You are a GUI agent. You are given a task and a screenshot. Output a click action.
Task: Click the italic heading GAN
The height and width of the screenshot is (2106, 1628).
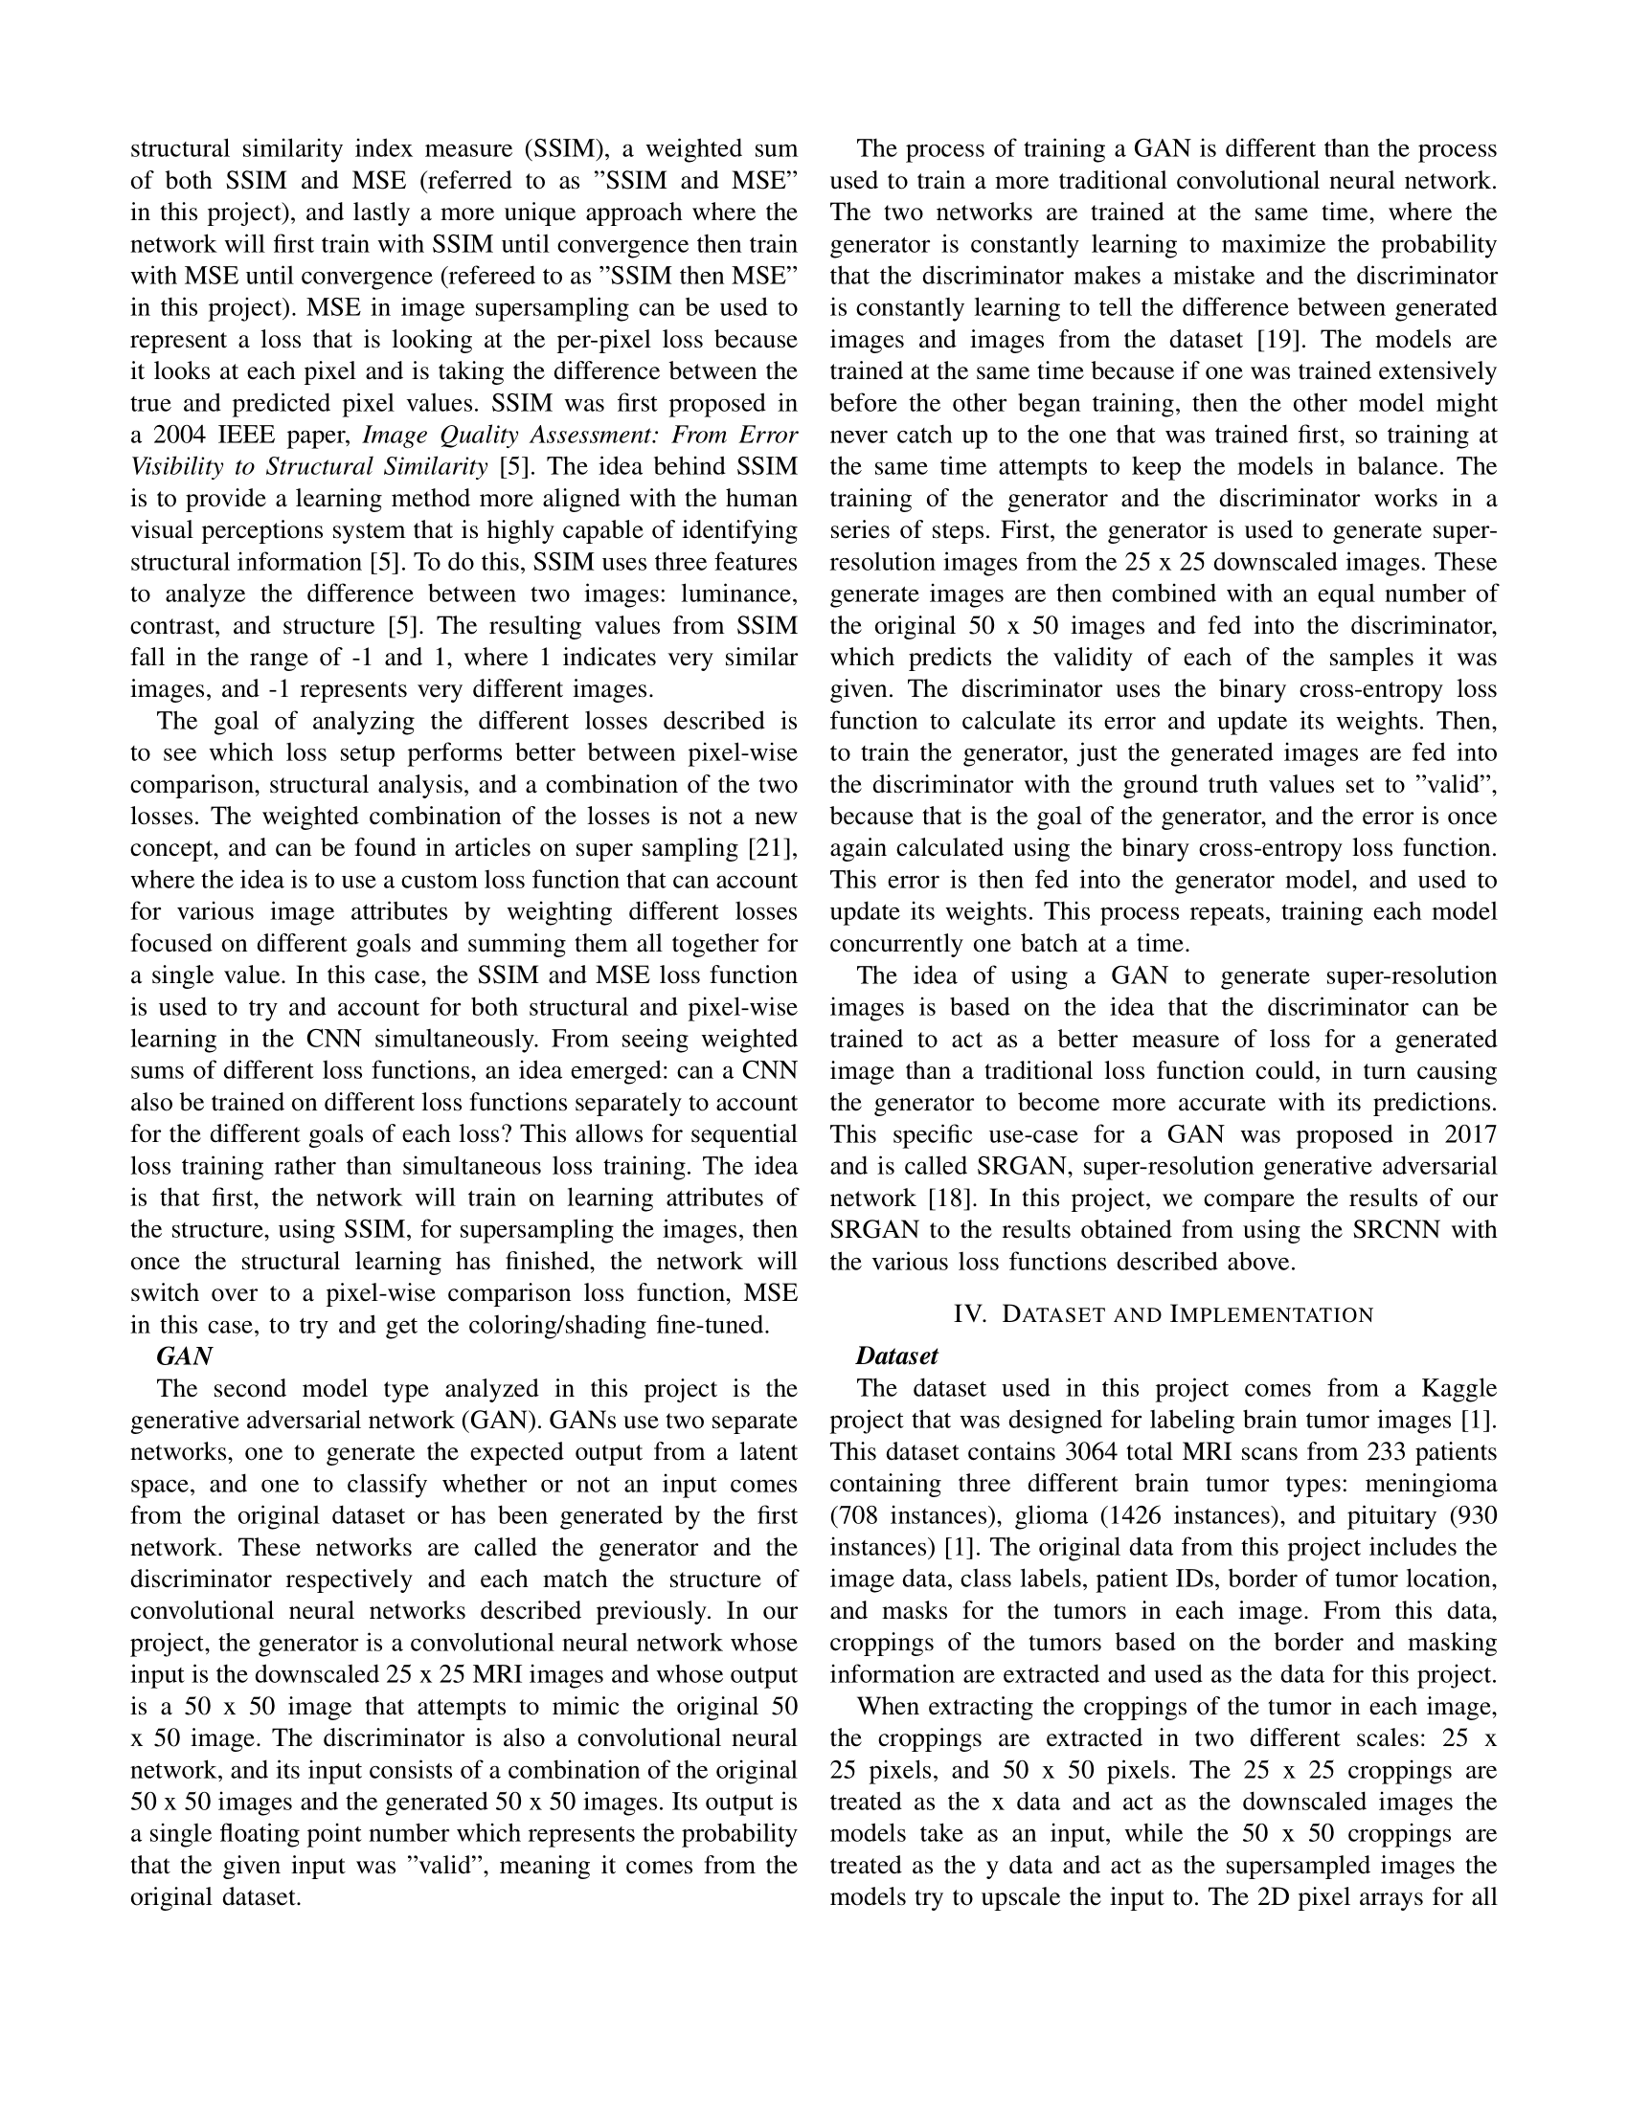coord(183,1355)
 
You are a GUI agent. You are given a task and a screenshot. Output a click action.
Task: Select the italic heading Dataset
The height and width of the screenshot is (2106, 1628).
coord(896,1355)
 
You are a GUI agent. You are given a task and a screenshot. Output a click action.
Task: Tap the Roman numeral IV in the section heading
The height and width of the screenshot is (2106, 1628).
coord(968,1314)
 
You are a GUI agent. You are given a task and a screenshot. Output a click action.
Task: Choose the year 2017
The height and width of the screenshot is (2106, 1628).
coord(1468,1134)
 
